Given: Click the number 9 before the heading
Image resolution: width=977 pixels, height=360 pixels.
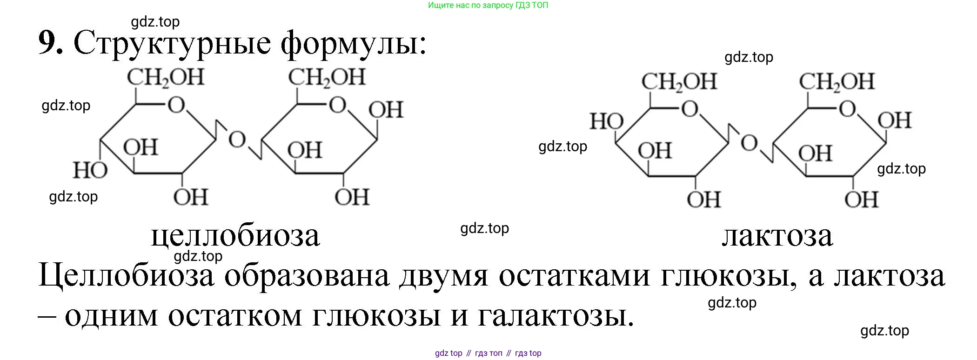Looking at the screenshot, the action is click(x=50, y=42).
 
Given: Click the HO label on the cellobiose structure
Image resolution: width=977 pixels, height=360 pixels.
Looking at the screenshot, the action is click(x=90, y=170).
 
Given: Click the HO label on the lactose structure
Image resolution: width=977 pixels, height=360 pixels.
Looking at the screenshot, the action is click(x=607, y=121).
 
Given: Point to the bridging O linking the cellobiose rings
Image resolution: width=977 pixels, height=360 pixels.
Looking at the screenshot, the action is click(x=237, y=139).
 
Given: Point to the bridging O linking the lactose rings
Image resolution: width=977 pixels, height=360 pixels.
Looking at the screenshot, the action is click(x=749, y=143).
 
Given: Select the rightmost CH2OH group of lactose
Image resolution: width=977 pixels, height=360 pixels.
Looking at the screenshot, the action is click(x=837, y=82).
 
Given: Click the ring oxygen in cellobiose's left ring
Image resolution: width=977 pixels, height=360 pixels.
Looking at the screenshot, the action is click(x=176, y=105).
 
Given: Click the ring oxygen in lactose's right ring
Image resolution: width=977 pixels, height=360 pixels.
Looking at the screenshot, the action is click(x=847, y=109).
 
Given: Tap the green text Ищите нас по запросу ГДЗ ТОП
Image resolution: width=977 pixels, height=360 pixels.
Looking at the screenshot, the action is click(x=488, y=6).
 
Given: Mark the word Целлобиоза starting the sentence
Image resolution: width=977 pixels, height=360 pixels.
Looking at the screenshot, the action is click(x=126, y=275).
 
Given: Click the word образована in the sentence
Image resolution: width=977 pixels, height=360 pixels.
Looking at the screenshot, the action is click(x=307, y=275).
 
